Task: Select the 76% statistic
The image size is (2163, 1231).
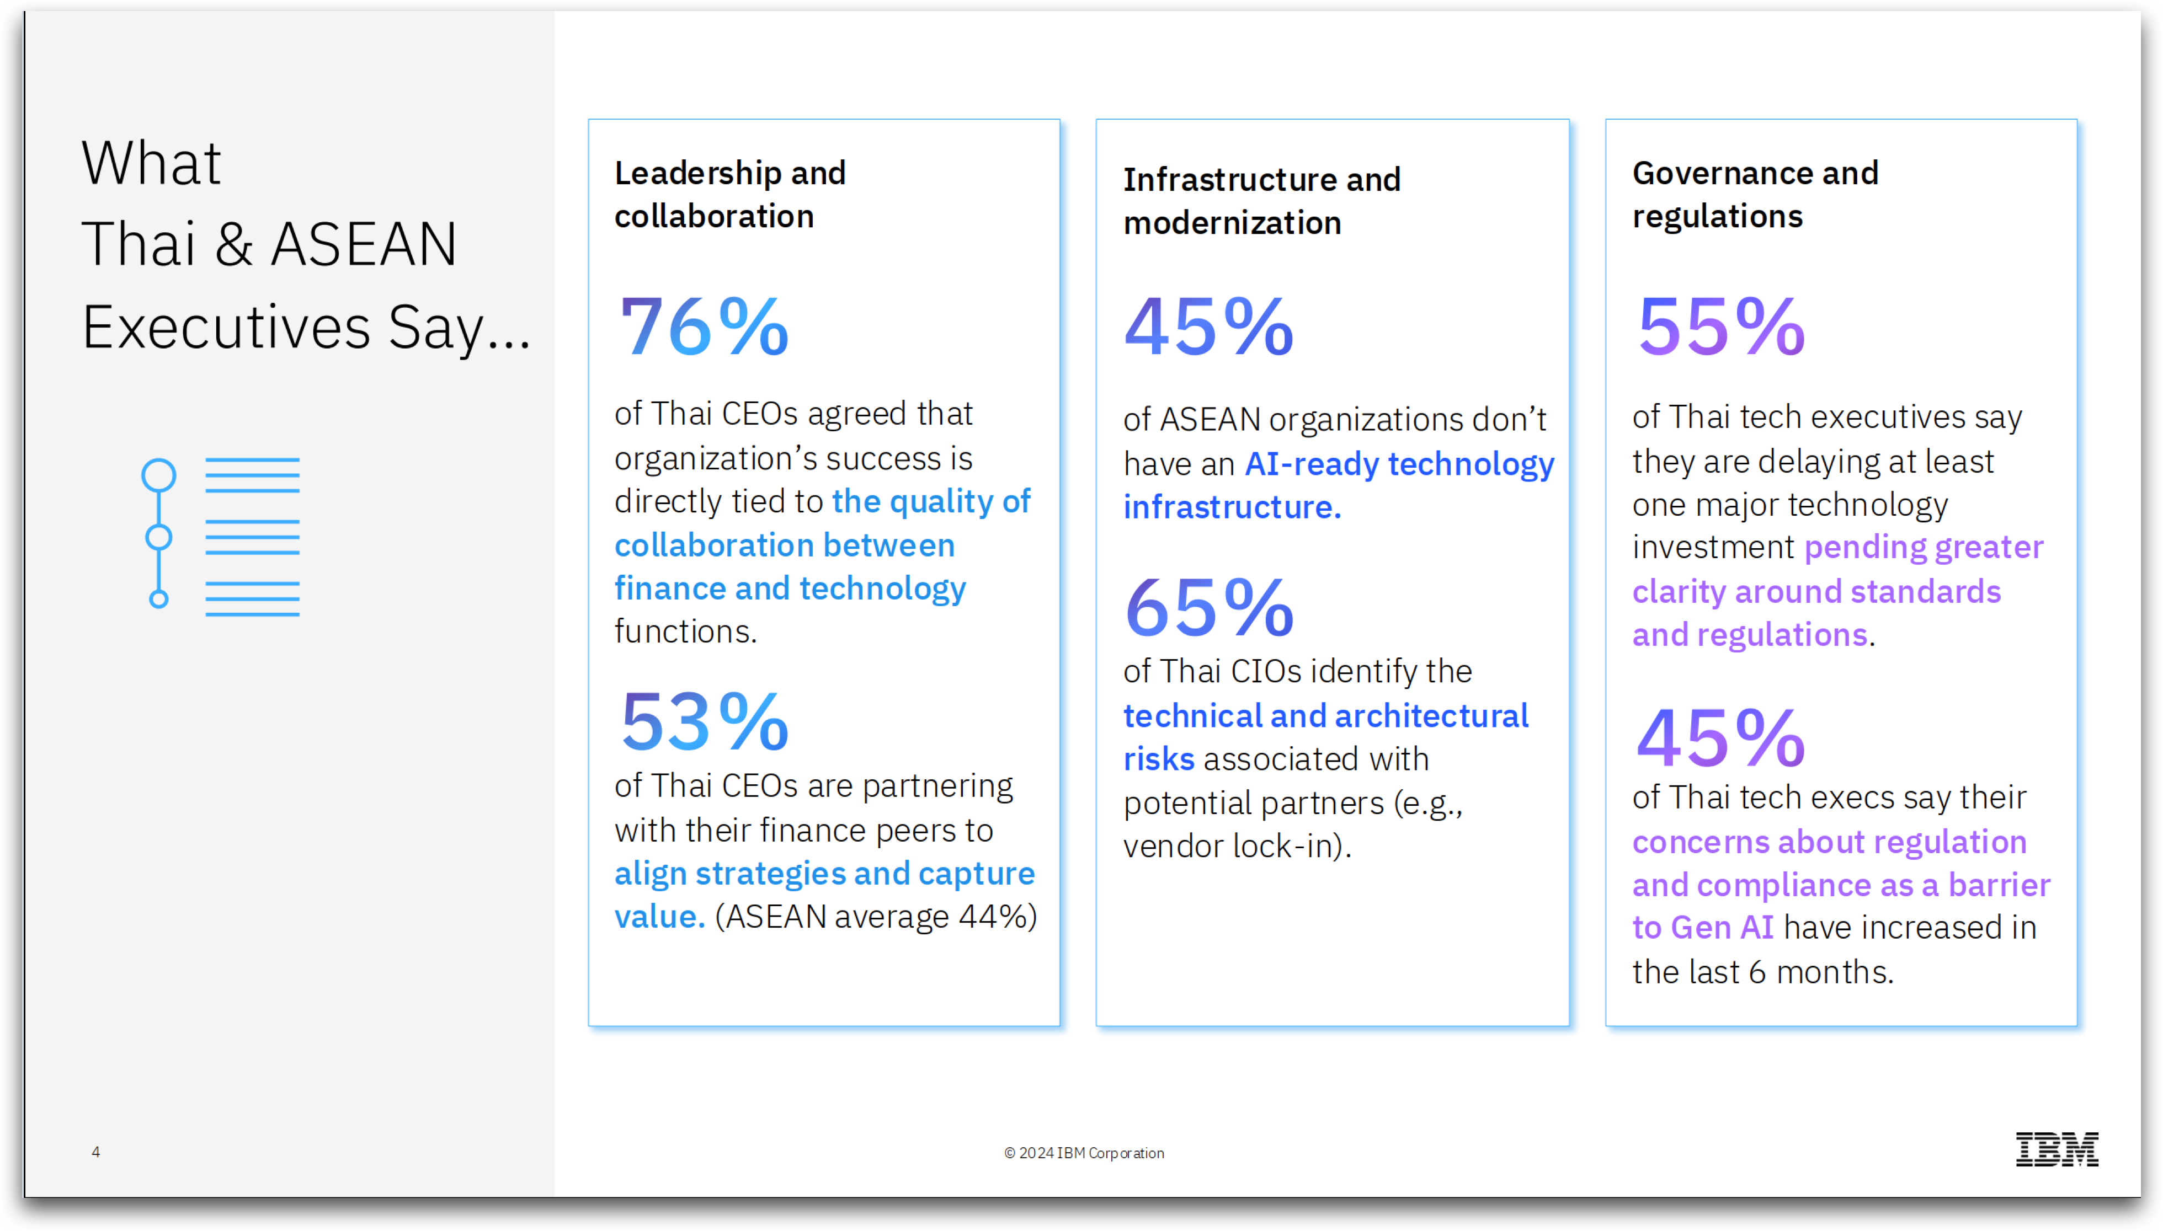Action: tap(705, 327)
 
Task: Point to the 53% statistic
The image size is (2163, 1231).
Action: tap(705, 722)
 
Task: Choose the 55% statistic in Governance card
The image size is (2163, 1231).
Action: tap(1721, 327)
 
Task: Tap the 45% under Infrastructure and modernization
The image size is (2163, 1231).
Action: tap(1208, 327)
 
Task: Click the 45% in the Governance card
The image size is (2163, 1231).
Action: tap(1721, 738)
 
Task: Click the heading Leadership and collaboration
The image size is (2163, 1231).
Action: tap(730, 195)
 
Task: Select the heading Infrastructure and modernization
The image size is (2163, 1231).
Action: tap(1261, 201)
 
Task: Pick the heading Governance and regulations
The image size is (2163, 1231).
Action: tap(1755, 195)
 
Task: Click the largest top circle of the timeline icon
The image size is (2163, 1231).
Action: tap(159, 475)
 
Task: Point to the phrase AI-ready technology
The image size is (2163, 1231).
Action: tap(1399, 464)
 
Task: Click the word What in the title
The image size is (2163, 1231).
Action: tap(151, 163)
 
